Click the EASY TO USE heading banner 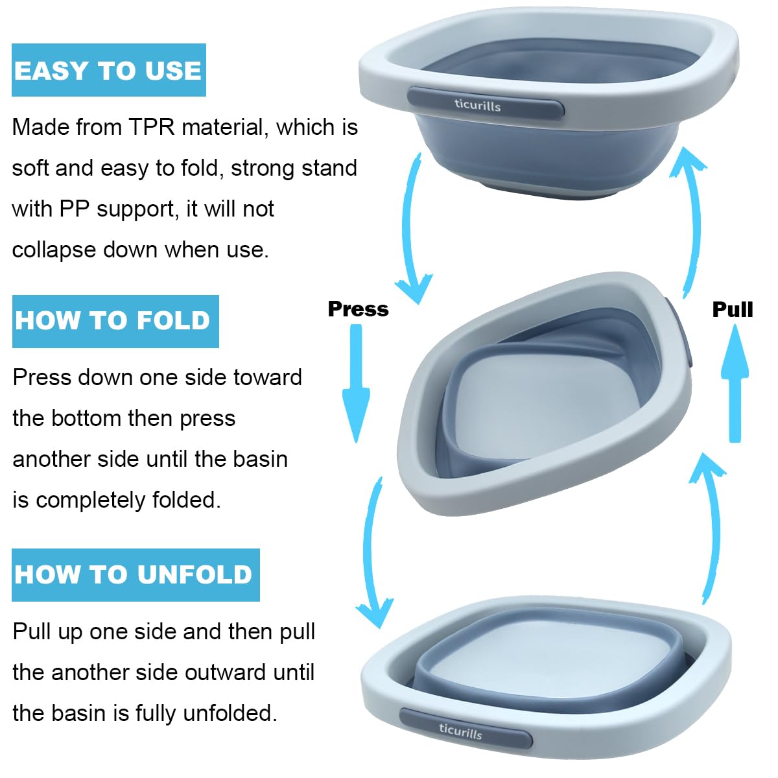click(x=108, y=70)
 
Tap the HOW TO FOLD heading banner click(x=115, y=321)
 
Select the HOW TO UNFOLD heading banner click(x=135, y=574)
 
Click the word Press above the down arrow click(x=358, y=309)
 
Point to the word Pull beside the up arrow click(x=732, y=309)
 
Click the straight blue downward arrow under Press click(x=356, y=383)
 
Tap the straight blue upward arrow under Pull click(x=735, y=383)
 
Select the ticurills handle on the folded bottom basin click(x=465, y=729)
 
